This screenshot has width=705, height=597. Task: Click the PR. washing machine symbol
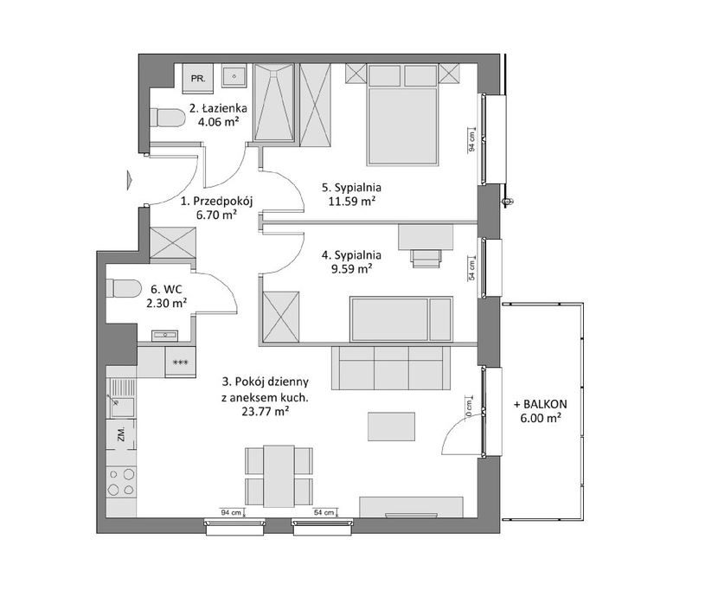(198, 78)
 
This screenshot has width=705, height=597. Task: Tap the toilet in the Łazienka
(167, 118)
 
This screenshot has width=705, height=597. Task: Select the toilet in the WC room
(124, 289)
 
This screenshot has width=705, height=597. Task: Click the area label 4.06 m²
(219, 121)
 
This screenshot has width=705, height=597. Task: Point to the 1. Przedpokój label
(217, 201)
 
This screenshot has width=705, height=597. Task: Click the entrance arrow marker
(130, 178)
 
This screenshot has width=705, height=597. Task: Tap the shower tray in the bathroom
(274, 102)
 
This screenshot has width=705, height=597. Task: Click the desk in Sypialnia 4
(426, 237)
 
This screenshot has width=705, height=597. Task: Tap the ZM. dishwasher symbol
(121, 434)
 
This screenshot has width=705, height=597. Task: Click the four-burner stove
(121, 481)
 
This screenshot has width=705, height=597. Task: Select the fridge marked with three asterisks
(180, 362)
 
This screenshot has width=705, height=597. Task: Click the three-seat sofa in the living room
(390, 368)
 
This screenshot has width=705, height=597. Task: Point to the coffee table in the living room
(391, 427)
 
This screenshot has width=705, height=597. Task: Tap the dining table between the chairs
(279, 476)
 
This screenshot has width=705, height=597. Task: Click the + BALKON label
(541, 404)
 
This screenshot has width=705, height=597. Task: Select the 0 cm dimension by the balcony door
(469, 408)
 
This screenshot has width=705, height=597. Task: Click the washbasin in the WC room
(165, 336)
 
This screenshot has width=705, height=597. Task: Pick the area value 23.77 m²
(266, 411)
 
